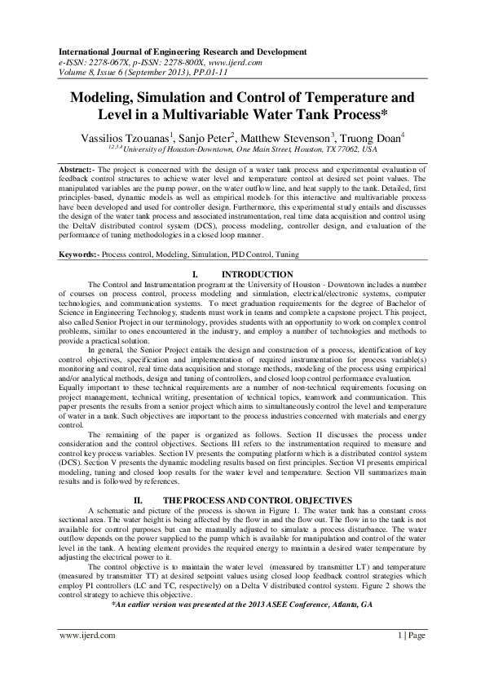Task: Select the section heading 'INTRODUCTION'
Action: point(258,275)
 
